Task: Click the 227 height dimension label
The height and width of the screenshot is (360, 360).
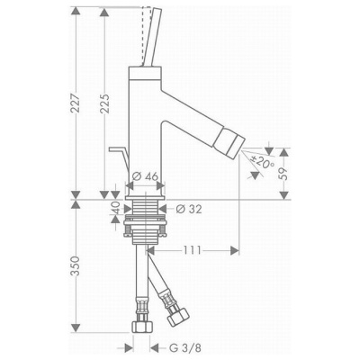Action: tap(76, 103)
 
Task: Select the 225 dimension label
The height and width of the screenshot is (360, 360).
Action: tap(104, 103)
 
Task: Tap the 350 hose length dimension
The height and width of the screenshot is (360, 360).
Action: tap(76, 265)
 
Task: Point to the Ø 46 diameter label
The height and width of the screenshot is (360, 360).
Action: tap(145, 176)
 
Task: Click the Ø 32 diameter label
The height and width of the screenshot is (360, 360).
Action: tap(189, 209)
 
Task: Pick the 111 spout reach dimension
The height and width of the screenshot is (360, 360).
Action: tap(191, 249)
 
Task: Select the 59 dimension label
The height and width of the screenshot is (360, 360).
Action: tap(283, 173)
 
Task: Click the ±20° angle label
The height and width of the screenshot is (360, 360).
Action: tap(263, 162)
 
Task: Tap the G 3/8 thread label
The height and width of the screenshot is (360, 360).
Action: tap(185, 348)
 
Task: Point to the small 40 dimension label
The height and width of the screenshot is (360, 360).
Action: tap(116, 208)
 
